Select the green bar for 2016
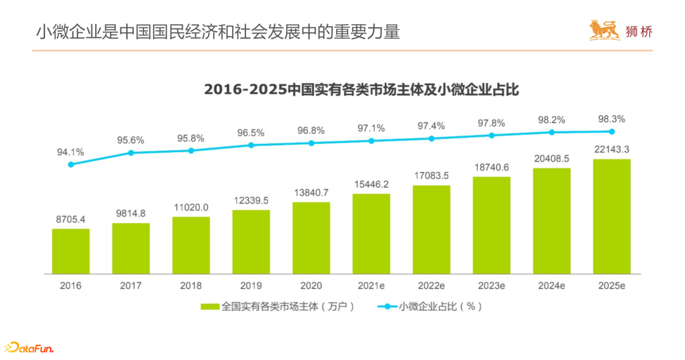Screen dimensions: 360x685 pyautogui.click(x=71, y=251)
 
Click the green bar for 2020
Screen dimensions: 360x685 pyautogui.click(x=311, y=238)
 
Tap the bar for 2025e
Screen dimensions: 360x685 pyautogui.click(x=612, y=216)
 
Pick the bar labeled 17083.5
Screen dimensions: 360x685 pyautogui.click(x=432, y=229)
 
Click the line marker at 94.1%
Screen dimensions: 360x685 pyautogui.click(x=71, y=165)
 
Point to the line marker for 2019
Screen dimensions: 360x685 pyautogui.click(x=251, y=145)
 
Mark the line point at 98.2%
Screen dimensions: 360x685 pyautogui.click(x=552, y=132)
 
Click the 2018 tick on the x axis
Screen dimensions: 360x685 pyautogui.click(x=191, y=286)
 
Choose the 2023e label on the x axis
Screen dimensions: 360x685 pyautogui.click(x=492, y=286)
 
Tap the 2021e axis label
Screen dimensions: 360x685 pyautogui.click(x=371, y=286)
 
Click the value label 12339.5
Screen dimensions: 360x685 pyautogui.click(x=251, y=200)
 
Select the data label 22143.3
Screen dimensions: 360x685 pyautogui.click(x=612, y=150)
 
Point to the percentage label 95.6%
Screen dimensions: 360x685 pyautogui.click(x=131, y=140)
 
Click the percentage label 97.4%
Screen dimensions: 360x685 pyautogui.click(x=431, y=125)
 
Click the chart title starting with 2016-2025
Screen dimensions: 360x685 pyautogui.click(x=362, y=89)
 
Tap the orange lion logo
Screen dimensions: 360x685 pyautogui.click(x=604, y=30)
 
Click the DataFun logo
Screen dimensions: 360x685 pyautogui.click(x=30, y=347)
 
